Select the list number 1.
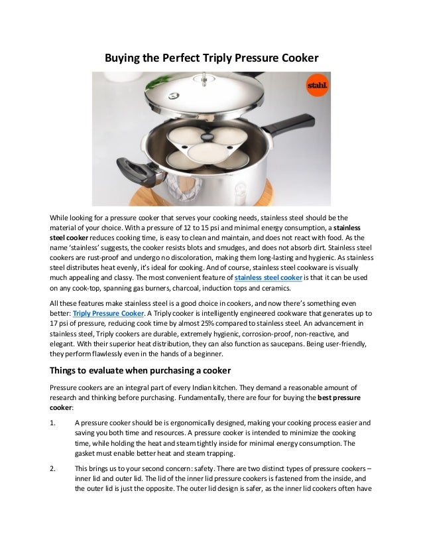53,421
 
